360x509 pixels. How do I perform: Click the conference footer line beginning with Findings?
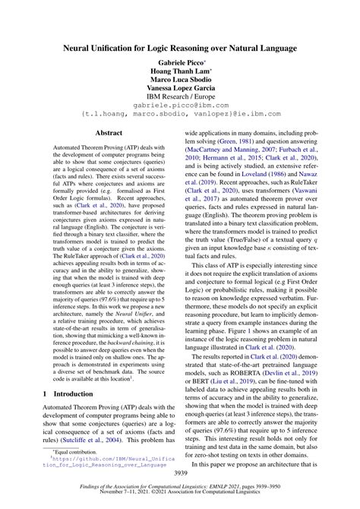[180, 492]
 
